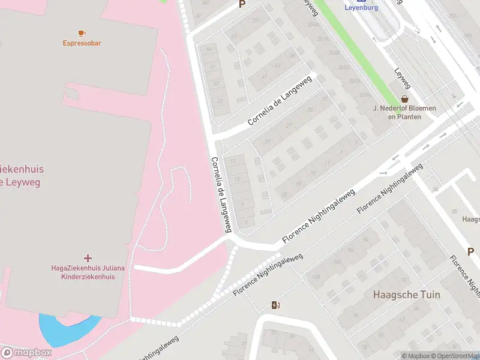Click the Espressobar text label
tap(82, 43)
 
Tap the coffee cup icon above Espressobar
tap(82, 32)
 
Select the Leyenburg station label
tap(361, 8)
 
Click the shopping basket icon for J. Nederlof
tap(404, 98)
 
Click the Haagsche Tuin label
tap(406, 295)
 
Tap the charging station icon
tap(275, 305)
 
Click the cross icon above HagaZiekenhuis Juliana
tap(88, 258)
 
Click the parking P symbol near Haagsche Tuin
tap(471, 252)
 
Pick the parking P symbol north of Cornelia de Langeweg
tap(242, 4)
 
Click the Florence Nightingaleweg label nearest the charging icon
tap(268, 275)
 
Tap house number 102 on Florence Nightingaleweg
tap(337, 262)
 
